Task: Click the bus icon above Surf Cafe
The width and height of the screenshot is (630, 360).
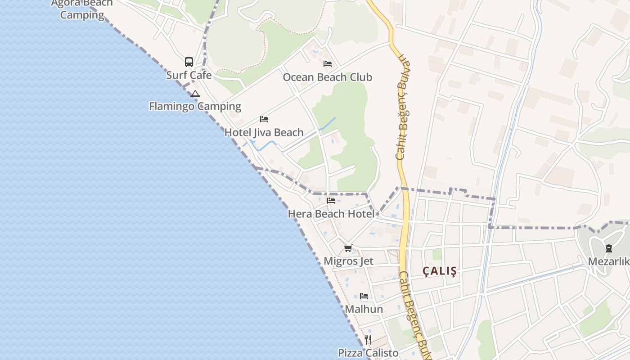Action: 189,62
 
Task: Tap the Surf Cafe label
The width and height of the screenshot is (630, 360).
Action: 189,75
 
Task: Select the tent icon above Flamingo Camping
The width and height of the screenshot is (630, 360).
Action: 195,94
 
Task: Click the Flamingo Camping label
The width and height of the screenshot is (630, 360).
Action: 195,107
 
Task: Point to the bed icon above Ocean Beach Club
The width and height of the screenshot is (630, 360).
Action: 328,64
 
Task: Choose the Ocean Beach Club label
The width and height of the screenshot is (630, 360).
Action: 327,77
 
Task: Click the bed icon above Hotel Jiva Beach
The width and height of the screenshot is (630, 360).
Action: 264,119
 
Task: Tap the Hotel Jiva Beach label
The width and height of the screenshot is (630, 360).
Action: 264,133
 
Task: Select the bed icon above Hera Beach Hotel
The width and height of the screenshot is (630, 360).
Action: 331,201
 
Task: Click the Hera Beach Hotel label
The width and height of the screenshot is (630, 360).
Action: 331,214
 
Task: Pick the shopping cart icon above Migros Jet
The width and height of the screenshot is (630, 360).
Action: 348,248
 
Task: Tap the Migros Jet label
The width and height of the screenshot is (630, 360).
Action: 348,261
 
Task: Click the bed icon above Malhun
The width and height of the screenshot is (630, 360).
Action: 364,296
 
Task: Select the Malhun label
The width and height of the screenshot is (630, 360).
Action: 364,310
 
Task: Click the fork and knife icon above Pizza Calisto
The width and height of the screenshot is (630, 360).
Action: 368,339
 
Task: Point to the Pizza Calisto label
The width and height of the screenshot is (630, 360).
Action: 368,353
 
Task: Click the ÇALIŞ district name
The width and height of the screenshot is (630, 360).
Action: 440,271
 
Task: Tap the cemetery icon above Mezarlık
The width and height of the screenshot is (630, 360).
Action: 608,248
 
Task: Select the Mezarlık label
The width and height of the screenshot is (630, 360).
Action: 608,261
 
